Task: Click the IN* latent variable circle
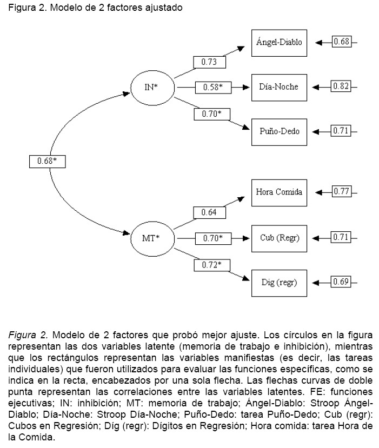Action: (152, 86)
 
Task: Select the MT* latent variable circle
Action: (152, 237)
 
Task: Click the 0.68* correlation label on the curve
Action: (48, 161)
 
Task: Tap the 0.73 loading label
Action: (209, 62)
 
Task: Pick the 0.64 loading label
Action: (209, 212)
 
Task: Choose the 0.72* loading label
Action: (209, 264)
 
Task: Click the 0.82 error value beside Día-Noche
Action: (342, 86)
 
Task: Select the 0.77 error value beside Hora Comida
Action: (342, 192)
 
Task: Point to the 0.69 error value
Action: (342, 282)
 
